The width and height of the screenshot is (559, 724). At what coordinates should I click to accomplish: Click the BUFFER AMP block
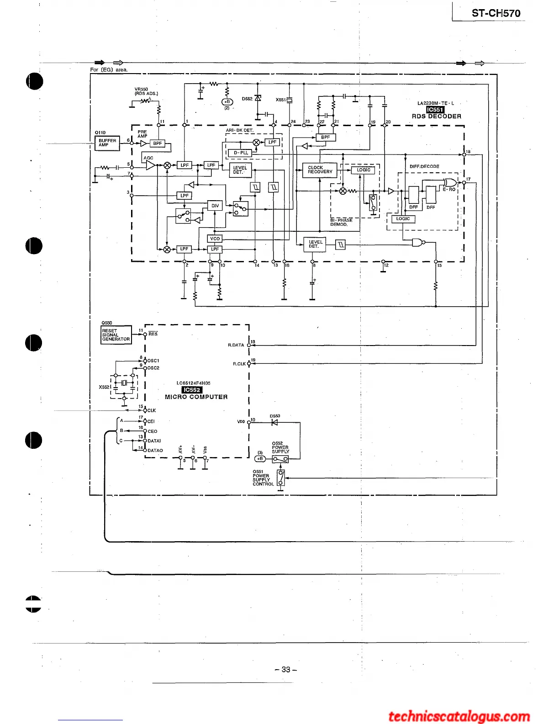pos(107,143)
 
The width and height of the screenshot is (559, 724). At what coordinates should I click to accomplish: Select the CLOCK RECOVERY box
pos(320,170)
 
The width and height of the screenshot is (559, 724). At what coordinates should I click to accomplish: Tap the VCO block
pos(215,239)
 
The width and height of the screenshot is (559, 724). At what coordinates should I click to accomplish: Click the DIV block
pos(215,206)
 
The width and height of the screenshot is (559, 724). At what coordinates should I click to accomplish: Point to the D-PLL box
pos(241,153)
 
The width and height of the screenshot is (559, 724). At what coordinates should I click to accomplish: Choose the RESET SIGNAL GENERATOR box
pos(116,335)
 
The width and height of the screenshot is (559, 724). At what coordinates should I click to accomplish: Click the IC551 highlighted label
pos(435,110)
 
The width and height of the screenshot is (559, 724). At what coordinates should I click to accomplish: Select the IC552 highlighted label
pos(192,390)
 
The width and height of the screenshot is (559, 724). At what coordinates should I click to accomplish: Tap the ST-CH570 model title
pos(496,13)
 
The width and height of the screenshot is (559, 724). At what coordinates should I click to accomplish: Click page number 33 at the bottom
pos(286,670)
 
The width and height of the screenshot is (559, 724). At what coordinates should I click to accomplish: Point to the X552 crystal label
pos(104,387)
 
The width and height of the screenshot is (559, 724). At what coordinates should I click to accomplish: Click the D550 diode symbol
pos(274,422)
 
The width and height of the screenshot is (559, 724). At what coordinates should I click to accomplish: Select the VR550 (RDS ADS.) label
pos(146,91)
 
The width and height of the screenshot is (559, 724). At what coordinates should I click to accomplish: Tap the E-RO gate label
pos(449,189)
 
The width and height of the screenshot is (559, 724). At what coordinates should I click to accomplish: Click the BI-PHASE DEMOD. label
pos(341,222)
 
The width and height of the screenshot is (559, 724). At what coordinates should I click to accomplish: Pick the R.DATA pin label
pos(236,345)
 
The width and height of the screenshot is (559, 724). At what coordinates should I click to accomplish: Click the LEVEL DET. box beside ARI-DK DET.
pos(240,170)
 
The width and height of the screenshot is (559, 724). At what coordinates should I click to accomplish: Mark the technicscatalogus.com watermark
pos(459,716)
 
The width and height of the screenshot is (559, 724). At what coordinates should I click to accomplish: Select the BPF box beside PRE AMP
pos(158,144)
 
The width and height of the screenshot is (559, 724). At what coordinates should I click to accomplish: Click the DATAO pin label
pos(155,451)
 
